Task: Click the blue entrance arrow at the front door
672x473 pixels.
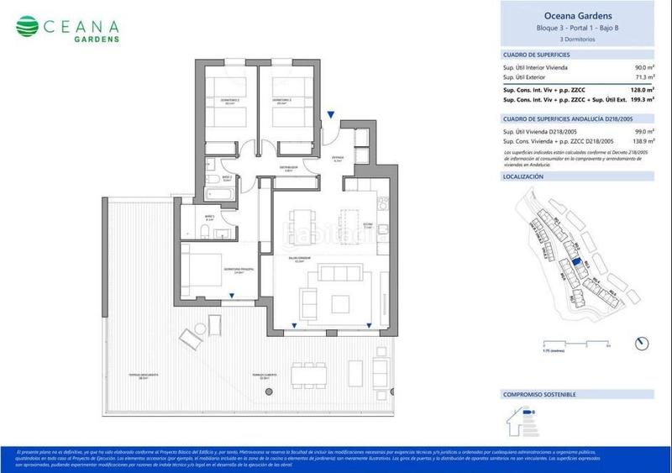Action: point(332,115)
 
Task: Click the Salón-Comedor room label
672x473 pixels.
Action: point(295,260)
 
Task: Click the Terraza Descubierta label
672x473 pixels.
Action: point(152,376)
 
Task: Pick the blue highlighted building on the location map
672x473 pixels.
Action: point(575,262)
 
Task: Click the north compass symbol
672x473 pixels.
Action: point(643,343)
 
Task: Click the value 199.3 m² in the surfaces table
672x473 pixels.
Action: point(643,100)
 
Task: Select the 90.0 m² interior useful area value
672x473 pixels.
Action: point(645,67)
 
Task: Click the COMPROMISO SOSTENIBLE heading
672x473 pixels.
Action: point(538,394)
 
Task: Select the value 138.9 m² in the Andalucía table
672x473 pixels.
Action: point(643,141)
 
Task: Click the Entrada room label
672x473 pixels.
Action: point(338,158)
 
